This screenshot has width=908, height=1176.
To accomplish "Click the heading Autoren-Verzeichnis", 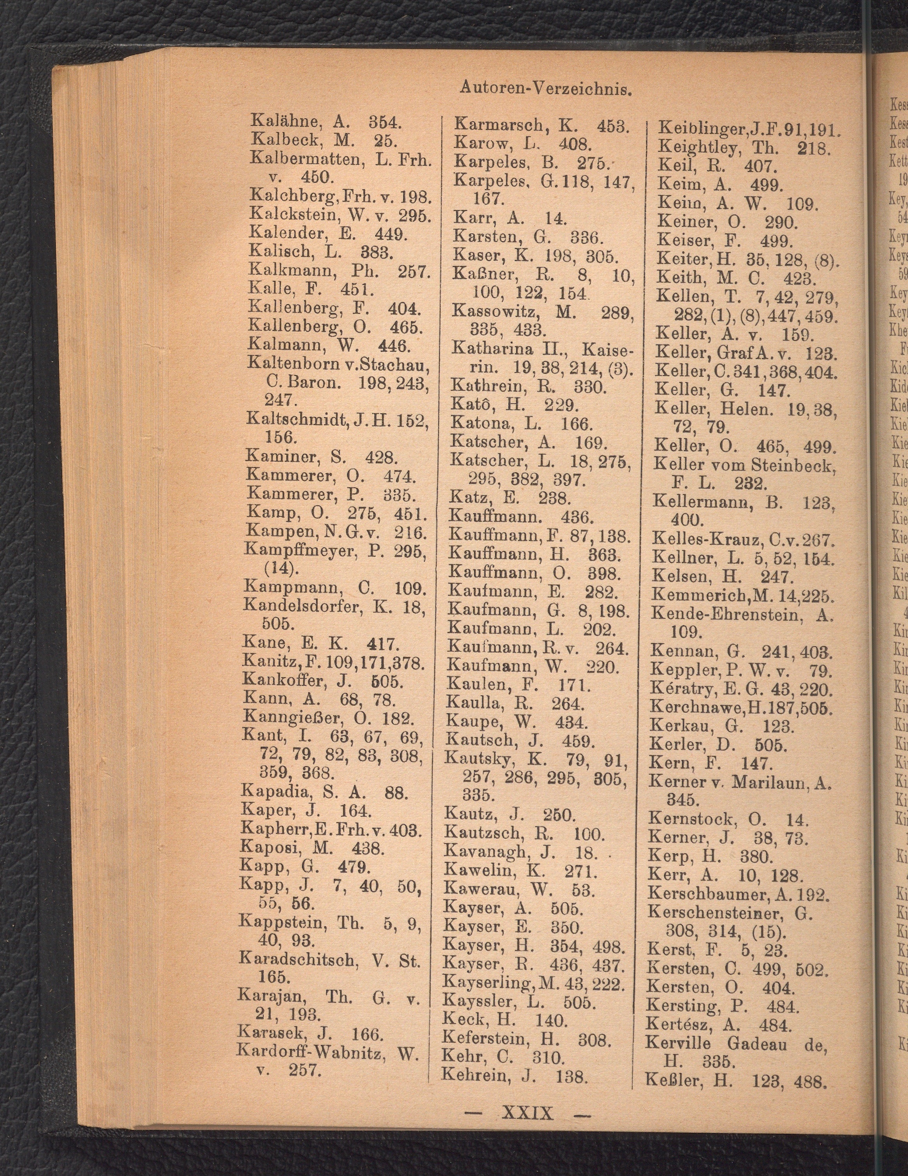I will (x=545, y=88).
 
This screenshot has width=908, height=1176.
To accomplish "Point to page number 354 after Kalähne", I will (x=384, y=121).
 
